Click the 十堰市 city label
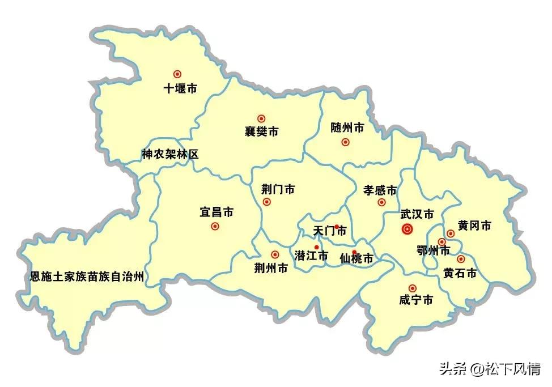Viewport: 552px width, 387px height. point(180,89)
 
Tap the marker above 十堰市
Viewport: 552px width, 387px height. point(177,74)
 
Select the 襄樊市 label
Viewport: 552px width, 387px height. point(261,132)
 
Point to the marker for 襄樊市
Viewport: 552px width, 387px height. point(261,118)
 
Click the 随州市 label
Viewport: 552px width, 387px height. point(347,128)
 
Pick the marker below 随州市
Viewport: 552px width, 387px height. point(345,142)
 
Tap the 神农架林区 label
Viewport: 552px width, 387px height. point(170,154)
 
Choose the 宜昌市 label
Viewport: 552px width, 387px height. point(216,212)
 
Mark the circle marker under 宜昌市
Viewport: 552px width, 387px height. point(215,226)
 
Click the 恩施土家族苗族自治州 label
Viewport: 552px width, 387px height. point(87,277)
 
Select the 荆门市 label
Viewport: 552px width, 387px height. point(278,189)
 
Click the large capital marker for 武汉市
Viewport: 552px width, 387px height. point(407,229)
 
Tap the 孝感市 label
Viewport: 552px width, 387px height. point(380,190)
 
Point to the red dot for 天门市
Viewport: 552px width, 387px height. point(337,227)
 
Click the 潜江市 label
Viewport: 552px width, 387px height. point(311,256)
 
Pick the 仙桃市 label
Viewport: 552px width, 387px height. point(356,259)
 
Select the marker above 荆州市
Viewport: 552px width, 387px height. point(275,254)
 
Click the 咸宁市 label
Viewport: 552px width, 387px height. point(416,300)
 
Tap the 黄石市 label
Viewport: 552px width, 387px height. point(460,273)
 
